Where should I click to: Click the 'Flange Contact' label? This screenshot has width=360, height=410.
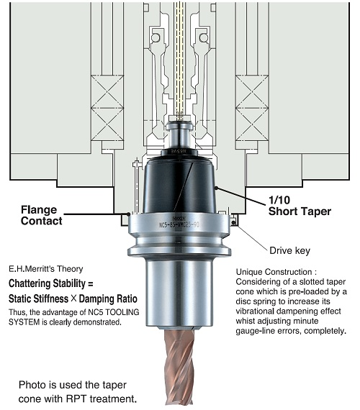coord(41,215)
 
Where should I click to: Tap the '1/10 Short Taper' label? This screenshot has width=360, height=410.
coord(300,206)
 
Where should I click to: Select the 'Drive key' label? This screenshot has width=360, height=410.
coord(290,250)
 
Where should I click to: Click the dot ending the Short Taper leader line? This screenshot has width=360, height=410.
coord(216,188)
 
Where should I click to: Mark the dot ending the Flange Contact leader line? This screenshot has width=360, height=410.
coord(128,214)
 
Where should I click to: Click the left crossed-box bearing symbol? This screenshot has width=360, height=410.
coord(107,108)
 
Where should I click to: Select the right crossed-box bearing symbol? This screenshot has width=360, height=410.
coord(252,108)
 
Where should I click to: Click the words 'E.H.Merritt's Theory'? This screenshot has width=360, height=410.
coord(46,269)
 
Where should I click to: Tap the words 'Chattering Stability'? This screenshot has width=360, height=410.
coord(47,283)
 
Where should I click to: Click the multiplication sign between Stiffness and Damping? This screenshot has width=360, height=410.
coord(73,299)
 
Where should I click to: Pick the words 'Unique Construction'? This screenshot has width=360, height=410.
coord(274,272)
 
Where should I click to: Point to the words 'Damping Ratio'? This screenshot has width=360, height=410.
coord(108,299)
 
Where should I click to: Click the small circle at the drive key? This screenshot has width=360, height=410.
coord(233,222)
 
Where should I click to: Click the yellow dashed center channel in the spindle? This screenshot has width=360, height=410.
coord(179,60)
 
